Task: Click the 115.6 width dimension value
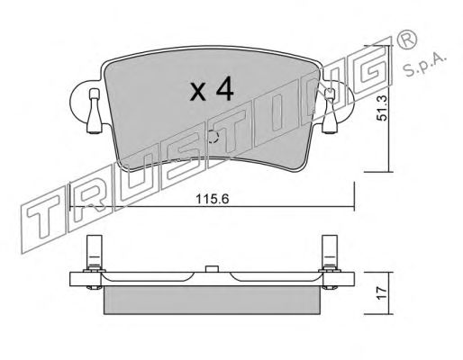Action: (213, 199)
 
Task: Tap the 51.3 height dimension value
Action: (383, 108)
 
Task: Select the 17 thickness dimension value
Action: (382, 293)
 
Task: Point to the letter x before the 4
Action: (198, 92)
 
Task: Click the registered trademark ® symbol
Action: (407, 40)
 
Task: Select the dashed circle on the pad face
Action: (213, 137)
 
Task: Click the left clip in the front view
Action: (95, 111)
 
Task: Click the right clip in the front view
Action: (330, 111)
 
